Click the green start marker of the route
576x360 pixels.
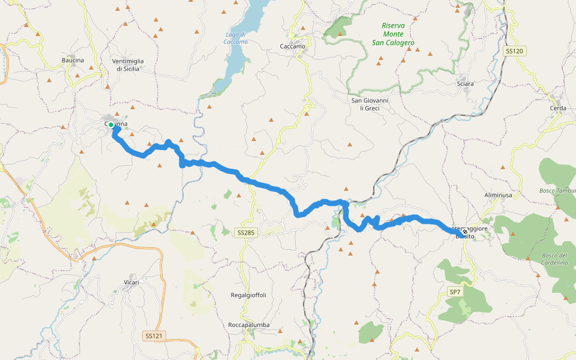point(111,125)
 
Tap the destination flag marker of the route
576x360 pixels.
point(464,232)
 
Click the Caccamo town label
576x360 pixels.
point(293,46)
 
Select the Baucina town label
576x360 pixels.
point(73,60)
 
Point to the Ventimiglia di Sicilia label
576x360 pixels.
point(128,65)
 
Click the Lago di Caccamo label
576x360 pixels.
point(235,38)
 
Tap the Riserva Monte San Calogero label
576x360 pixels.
point(393,34)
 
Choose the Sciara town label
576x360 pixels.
point(465,84)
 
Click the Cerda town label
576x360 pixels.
point(558,108)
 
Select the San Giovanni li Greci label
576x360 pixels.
point(370,104)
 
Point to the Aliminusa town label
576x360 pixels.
point(498,196)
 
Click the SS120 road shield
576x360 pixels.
point(514,52)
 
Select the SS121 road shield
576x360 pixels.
point(154,335)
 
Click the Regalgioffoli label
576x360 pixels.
point(248,295)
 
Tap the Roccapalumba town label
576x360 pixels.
point(248,325)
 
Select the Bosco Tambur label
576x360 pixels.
point(557,191)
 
